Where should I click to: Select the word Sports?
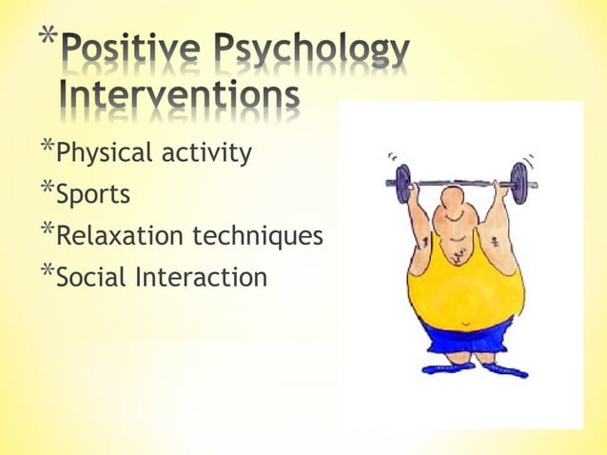[x=92, y=195]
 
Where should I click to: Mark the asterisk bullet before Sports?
[x=48, y=188]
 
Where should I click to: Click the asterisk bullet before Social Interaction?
[x=48, y=271]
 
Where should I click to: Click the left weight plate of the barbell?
[x=402, y=183]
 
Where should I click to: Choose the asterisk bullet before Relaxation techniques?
[x=48, y=229]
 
